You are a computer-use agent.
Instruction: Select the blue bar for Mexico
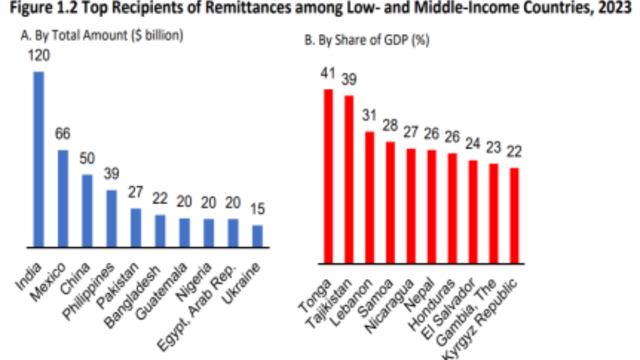63,199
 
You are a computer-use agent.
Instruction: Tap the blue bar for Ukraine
257,236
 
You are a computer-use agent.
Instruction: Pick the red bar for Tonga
328,176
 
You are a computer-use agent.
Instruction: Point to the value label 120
39,55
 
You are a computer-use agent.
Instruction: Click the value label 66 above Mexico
63,134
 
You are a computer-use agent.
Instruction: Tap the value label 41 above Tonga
328,73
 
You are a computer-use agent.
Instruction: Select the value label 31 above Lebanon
369,115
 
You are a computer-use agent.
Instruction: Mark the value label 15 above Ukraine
257,209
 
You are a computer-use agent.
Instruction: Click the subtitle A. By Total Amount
102,35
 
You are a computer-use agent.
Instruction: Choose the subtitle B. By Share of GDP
367,40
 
